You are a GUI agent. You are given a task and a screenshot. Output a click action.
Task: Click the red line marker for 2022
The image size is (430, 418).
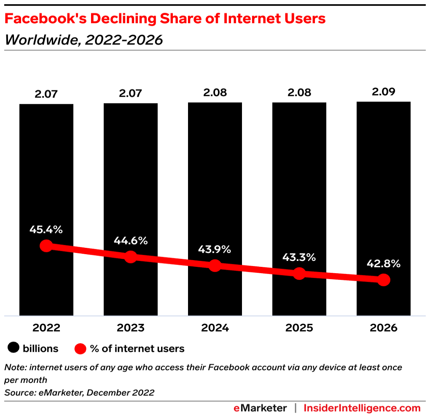click(x=46, y=246)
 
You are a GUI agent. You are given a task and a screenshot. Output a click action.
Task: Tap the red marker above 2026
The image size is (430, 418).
click(x=383, y=280)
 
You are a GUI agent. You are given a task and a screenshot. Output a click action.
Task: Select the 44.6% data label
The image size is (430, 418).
click(x=131, y=241)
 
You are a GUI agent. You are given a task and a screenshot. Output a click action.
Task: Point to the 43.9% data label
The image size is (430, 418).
click(x=215, y=249)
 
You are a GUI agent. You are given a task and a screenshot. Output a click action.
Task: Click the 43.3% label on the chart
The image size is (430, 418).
click(x=299, y=257)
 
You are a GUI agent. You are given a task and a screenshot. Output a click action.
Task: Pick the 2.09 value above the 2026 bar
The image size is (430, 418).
click(x=383, y=92)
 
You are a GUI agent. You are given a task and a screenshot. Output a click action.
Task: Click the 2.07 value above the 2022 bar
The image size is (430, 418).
click(x=46, y=94)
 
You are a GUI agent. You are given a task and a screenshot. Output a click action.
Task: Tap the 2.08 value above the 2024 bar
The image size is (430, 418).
click(x=215, y=93)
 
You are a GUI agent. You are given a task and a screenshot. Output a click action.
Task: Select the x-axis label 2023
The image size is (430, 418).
click(x=131, y=328)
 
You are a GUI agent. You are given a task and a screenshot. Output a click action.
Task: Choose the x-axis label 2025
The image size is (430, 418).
click(x=299, y=328)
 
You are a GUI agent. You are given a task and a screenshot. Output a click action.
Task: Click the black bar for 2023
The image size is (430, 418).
click(x=131, y=169)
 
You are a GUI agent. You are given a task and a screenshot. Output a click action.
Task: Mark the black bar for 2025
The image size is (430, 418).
click(x=299, y=169)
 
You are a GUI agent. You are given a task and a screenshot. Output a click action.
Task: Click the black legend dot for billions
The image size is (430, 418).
click(x=13, y=349)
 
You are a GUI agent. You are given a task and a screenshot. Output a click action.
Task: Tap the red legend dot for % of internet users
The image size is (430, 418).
click(x=80, y=349)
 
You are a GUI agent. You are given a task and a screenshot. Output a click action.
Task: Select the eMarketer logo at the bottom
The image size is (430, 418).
click(x=260, y=408)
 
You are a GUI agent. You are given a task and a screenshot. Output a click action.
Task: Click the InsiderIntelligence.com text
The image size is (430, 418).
click(x=362, y=408)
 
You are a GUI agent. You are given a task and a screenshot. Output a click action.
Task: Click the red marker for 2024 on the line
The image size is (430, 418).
click(x=215, y=266)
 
